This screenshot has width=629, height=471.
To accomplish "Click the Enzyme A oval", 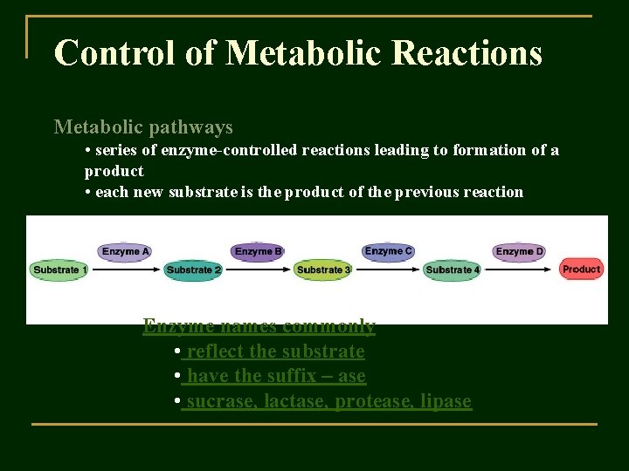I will pos(126,251).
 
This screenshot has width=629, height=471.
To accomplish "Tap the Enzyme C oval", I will pos(389,251).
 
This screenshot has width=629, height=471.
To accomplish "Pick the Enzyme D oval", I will pos(520,251).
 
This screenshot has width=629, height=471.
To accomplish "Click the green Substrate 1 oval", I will pos(60,270).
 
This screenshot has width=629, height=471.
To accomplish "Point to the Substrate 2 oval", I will pos(193,270).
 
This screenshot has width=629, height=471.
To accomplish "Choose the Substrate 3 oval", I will pos(323,270).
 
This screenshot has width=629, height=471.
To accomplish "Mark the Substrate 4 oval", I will pos(453,270).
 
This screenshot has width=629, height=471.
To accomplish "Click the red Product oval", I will pos(581,269).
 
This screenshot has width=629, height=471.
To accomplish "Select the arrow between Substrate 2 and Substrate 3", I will pos(259,270).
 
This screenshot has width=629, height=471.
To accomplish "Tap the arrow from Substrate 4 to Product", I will pos(520,270).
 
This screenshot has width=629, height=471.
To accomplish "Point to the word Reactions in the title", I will pos(467,53).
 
